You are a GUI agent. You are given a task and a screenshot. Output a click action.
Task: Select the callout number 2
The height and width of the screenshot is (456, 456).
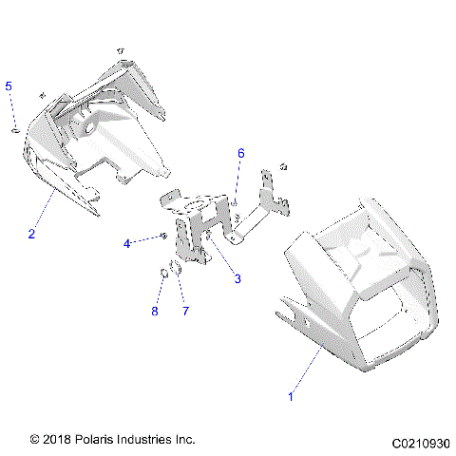[x=31, y=233]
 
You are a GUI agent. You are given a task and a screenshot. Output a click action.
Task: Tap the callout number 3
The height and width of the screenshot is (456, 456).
[x=237, y=278]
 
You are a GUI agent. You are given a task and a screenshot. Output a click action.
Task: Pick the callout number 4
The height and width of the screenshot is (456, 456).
[x=126, y=243]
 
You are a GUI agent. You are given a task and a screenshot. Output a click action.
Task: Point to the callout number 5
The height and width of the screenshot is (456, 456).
[x=9, y=86]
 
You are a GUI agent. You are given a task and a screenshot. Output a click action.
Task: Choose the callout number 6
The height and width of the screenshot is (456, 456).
[x=240, y=152]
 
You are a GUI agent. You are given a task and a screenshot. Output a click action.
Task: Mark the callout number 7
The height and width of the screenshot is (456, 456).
[x=185, y=310]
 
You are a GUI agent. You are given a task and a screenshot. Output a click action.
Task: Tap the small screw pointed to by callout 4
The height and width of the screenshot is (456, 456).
[x=164, y=236]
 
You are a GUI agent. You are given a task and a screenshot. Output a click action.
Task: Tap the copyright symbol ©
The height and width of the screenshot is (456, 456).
[x=35, y=440]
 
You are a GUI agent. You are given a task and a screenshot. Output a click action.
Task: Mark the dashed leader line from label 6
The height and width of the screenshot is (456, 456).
[x=237, y=180]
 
